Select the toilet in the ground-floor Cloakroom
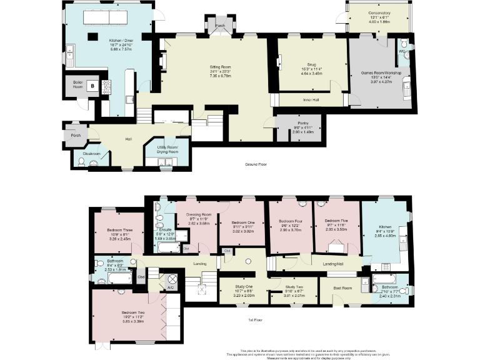pos(82,161)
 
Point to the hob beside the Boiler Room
pos(107,86)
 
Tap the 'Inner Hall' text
pos(304,99)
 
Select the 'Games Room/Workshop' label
pos(381,73)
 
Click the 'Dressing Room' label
pos(199,214)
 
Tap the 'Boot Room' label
pos(342,288)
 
